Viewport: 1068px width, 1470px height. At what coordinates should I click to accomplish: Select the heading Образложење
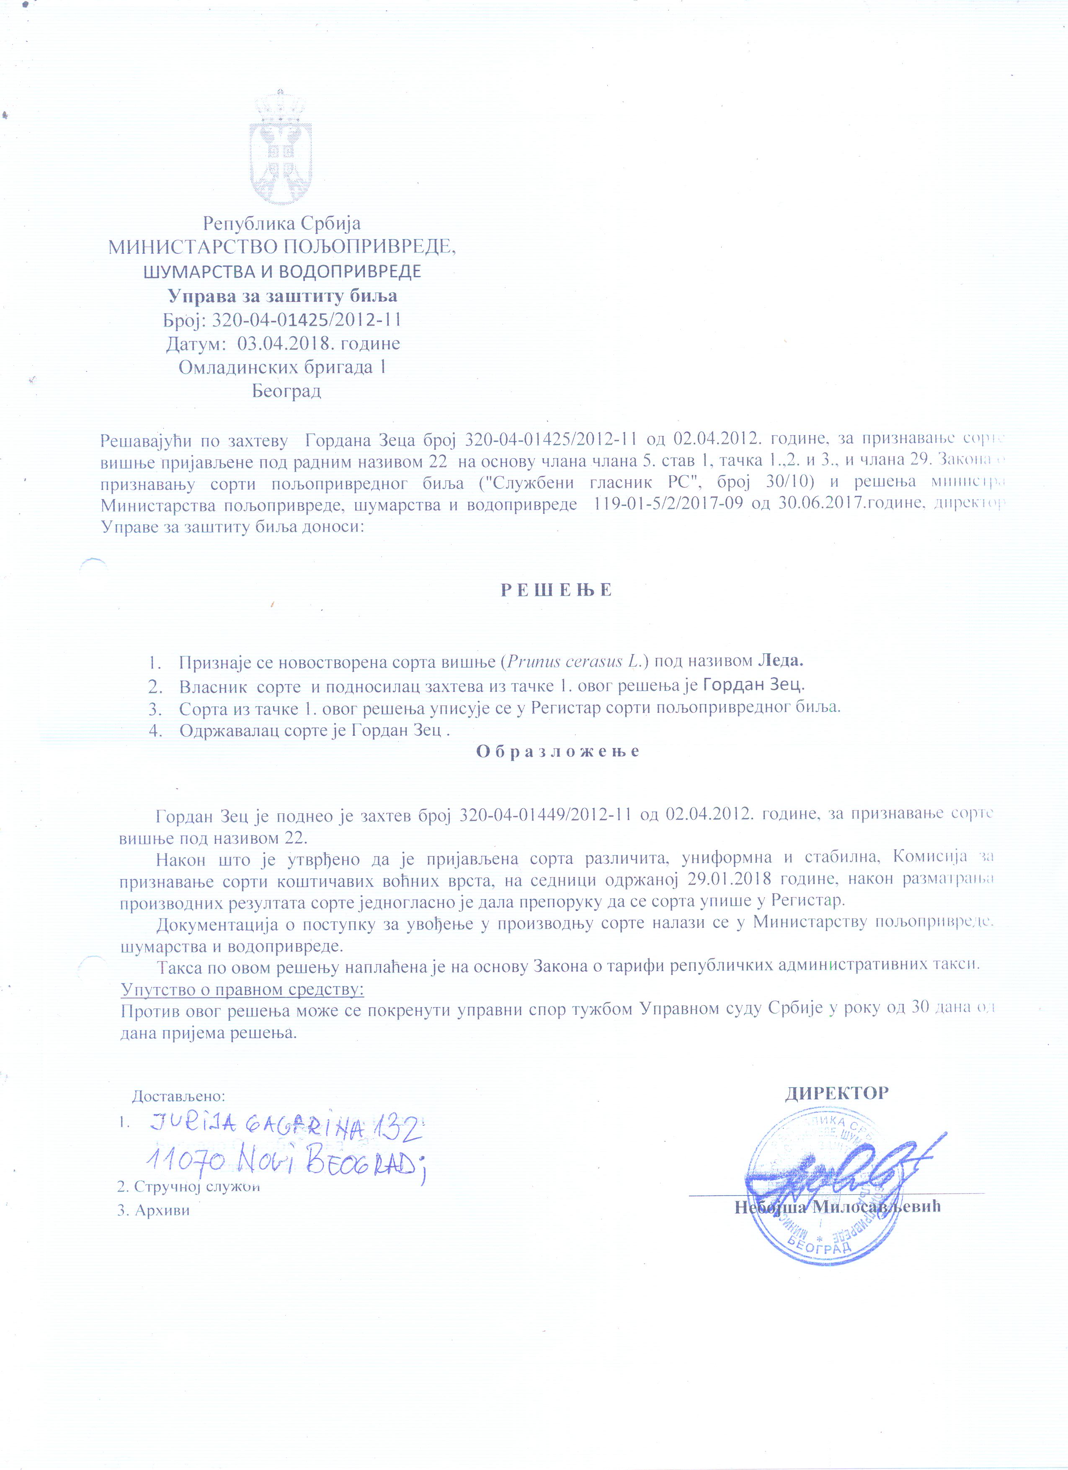(x=558, y=751)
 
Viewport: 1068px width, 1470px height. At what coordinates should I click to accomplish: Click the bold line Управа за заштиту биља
(x=283, y=296)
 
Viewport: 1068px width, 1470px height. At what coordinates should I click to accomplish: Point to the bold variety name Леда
(x=780, y=661)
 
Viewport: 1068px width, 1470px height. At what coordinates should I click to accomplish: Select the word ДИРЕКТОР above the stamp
(x=837, y=1093)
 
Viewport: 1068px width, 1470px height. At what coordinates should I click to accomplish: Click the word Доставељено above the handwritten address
(x=178, y=1097)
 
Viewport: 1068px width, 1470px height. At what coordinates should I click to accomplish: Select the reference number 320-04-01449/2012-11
(x=545, y=815)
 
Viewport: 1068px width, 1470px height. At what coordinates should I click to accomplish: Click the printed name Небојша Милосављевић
(x=837, y=1207)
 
